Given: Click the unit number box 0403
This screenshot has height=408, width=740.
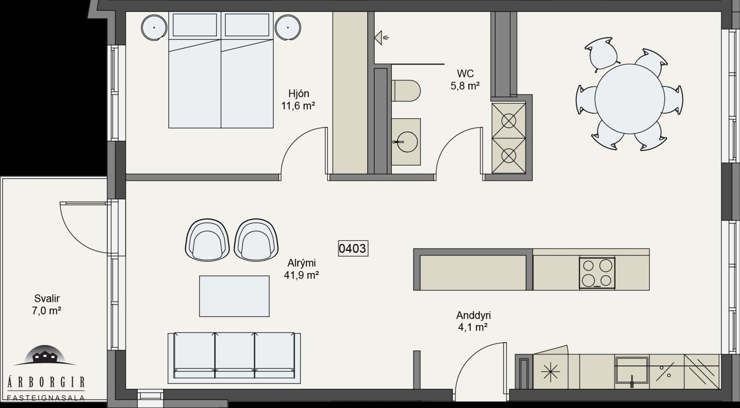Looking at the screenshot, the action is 353,248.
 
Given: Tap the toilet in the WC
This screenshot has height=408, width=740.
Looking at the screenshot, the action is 406,91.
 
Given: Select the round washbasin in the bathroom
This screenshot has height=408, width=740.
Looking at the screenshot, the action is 407,142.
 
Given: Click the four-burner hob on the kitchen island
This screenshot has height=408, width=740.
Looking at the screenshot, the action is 597,273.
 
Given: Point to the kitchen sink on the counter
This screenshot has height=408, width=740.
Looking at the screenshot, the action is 631,370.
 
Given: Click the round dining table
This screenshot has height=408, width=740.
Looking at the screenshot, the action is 630,99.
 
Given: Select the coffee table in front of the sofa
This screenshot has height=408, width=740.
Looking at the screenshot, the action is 234,296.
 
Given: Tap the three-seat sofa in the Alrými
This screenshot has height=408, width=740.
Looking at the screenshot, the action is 234,358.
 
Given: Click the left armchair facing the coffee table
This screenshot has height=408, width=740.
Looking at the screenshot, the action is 207,240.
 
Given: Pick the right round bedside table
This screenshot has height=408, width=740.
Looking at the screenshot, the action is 288,28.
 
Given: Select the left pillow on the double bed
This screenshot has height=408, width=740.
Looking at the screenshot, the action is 195,25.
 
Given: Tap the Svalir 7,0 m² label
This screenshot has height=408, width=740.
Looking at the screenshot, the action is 46,304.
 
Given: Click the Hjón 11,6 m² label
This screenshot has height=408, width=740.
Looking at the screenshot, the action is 298,99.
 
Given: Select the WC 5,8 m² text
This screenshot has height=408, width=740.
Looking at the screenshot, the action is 465,80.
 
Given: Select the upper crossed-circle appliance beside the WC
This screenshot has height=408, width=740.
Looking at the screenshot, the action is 509,121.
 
